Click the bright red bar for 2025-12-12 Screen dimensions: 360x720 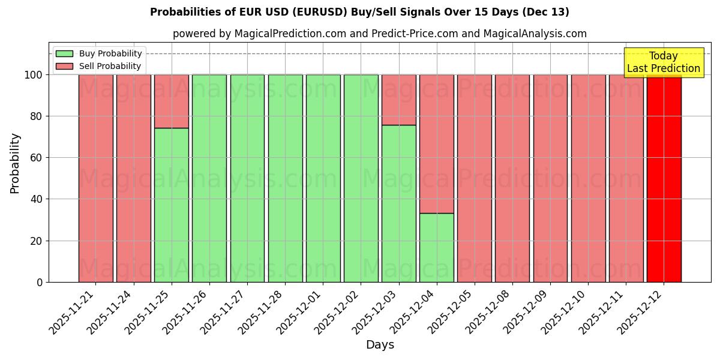(x=664, y=178)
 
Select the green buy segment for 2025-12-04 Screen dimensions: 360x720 (x=436, y=247)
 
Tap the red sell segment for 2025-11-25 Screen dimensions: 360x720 (x=171, y=101)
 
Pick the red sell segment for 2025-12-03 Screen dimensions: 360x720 (x=398, y=100)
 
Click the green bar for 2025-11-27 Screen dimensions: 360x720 (x=247, y=178)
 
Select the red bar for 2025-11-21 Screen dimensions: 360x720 (x=95, y=178)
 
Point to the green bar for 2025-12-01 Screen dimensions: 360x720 (x=323, y=178)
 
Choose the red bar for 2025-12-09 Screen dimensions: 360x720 (x=550, y=178)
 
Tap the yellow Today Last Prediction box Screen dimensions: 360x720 (x=663, y=62)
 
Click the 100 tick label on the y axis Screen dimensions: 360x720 (x=33, y=75)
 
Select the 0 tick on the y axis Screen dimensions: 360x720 (x=40, y=282)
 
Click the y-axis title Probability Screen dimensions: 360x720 (x=15, y=163)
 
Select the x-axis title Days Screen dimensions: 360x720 (x=380, y=345)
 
